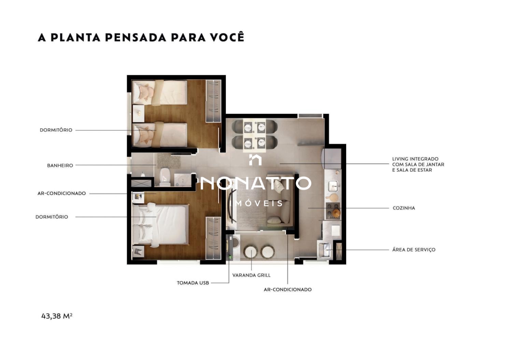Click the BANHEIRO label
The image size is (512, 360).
click(x=60, y=165)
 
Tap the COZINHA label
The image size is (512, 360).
click(x=404, y=208)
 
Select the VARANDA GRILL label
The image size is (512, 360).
click(x=251, y=275)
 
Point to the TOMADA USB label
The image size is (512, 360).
click(x=193, y=283)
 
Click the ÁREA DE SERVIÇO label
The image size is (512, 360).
click(x=414, y=250)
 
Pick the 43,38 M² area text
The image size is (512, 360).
click(x=57, y=316)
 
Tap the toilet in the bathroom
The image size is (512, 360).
click(x=165, y=177)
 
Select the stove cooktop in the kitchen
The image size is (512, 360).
click(x=333, y=211)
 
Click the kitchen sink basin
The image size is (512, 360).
click(x=333, y=186)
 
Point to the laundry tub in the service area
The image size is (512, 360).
click(x=324, y=250)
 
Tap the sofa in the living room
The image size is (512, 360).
click(x=280, y=202)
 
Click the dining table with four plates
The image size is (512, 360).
click(x=254, y=135)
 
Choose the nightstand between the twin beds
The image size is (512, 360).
click(x=139, y=114)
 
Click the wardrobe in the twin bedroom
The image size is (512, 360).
click(x=213, y=101)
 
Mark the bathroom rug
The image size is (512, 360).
click(x=169, y=161)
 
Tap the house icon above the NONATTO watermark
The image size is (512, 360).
click(x=255, y=160)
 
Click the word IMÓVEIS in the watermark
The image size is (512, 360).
click(x=256, y=203)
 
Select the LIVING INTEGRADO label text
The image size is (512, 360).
click(x=415, y=159)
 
